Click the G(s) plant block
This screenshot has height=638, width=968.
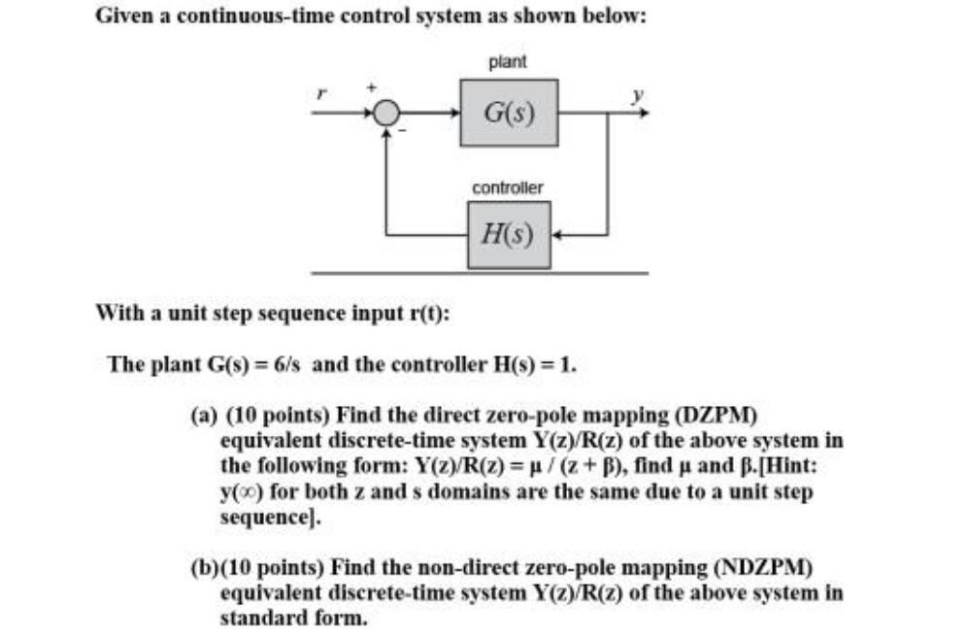coord(508,113)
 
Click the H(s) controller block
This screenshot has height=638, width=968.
coord(508,234)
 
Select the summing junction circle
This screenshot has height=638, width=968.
coord(387,114)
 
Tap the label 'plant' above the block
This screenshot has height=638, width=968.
coord(507,62)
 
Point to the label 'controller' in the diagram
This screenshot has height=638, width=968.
coord(507,186)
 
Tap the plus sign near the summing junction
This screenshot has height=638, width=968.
coord(369,87)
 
